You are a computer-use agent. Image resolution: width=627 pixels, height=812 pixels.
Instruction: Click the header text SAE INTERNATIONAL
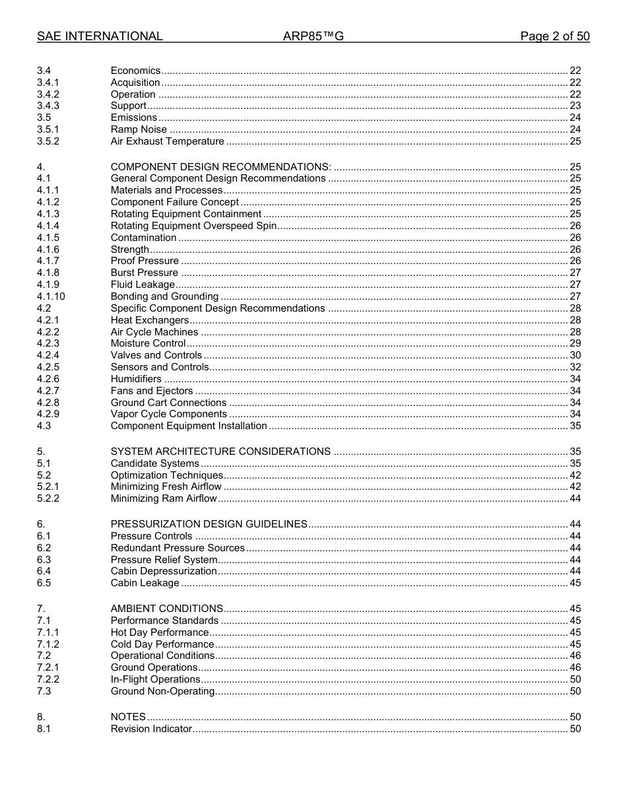[100, 36]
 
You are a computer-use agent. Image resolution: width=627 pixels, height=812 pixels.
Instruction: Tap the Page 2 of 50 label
[554, 36]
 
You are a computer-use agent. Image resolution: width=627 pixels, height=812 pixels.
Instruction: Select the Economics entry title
[135, 71]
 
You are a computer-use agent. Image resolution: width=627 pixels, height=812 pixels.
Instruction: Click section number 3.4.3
[48, 106]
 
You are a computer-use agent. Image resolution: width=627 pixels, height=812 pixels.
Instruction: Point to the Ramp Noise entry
[139, 129]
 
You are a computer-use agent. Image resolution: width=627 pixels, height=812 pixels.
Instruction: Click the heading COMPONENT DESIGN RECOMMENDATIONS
[220, 167]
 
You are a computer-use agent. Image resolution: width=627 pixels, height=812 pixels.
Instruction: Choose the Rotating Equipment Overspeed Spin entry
[193, 226]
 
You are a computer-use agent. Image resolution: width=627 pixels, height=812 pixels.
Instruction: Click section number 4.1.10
[51, 296]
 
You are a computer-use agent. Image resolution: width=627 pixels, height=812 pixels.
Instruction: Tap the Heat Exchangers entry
[150, 320]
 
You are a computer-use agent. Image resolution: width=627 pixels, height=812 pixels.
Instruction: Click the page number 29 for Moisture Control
[575, 343]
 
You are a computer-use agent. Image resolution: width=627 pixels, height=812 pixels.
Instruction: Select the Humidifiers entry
[136, 379]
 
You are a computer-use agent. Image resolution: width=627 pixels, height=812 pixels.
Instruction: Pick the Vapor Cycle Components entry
[169, 414]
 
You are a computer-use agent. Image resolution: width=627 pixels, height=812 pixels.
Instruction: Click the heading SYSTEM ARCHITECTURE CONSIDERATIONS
[220, 452]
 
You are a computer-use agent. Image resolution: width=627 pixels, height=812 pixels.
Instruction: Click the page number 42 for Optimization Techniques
[575, 475]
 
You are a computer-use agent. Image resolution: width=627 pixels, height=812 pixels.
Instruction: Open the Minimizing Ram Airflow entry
[164, 498]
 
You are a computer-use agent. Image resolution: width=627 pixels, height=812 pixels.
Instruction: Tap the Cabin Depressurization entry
[164, 571]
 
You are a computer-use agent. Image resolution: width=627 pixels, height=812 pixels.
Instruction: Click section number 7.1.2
[48, 644]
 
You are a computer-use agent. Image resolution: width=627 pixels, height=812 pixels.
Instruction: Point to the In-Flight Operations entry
[155, 679]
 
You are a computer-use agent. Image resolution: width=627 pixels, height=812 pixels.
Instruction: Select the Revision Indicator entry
[151, 729]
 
